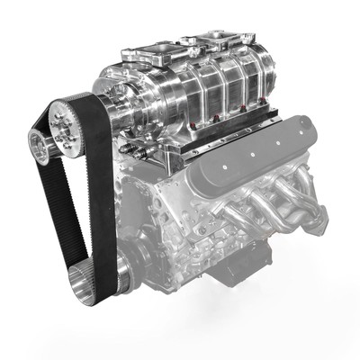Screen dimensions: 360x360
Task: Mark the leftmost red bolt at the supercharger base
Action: [x=194, y=119]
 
